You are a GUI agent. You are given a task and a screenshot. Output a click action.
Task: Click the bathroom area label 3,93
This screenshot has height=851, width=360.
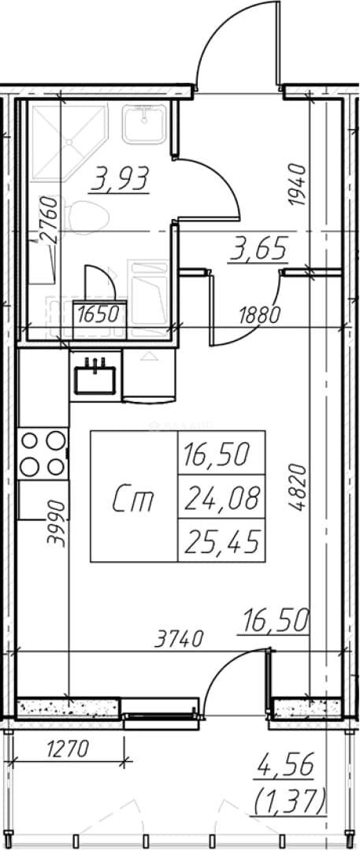pos(120,179)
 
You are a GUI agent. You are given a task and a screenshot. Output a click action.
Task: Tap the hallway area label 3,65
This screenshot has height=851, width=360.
pos(257,251)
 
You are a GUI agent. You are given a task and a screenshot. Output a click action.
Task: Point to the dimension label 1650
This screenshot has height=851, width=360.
pos(98,314)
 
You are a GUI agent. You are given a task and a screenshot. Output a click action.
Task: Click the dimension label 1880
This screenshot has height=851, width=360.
pos(261,313)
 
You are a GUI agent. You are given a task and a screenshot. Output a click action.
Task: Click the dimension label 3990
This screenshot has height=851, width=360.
pos(57,523)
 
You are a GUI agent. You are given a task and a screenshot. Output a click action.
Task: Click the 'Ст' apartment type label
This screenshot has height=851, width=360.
pos(134,501)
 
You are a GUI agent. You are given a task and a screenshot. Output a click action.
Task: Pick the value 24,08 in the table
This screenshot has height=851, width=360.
pos(221,498)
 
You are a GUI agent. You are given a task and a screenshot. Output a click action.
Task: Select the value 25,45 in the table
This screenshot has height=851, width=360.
pos(221,541)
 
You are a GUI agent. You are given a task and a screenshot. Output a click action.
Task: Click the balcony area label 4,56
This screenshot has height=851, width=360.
pos(286,767)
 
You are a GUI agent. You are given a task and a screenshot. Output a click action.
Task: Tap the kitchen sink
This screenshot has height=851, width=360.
pos(95,374)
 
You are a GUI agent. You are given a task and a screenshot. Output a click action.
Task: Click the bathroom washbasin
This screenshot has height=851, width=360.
pos(144,123)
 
